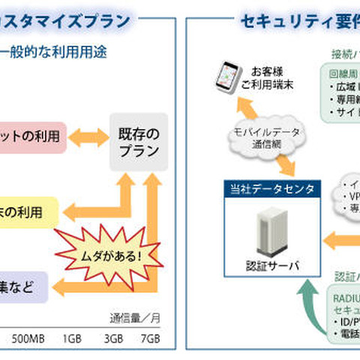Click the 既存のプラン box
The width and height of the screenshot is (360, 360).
(139, 142)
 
